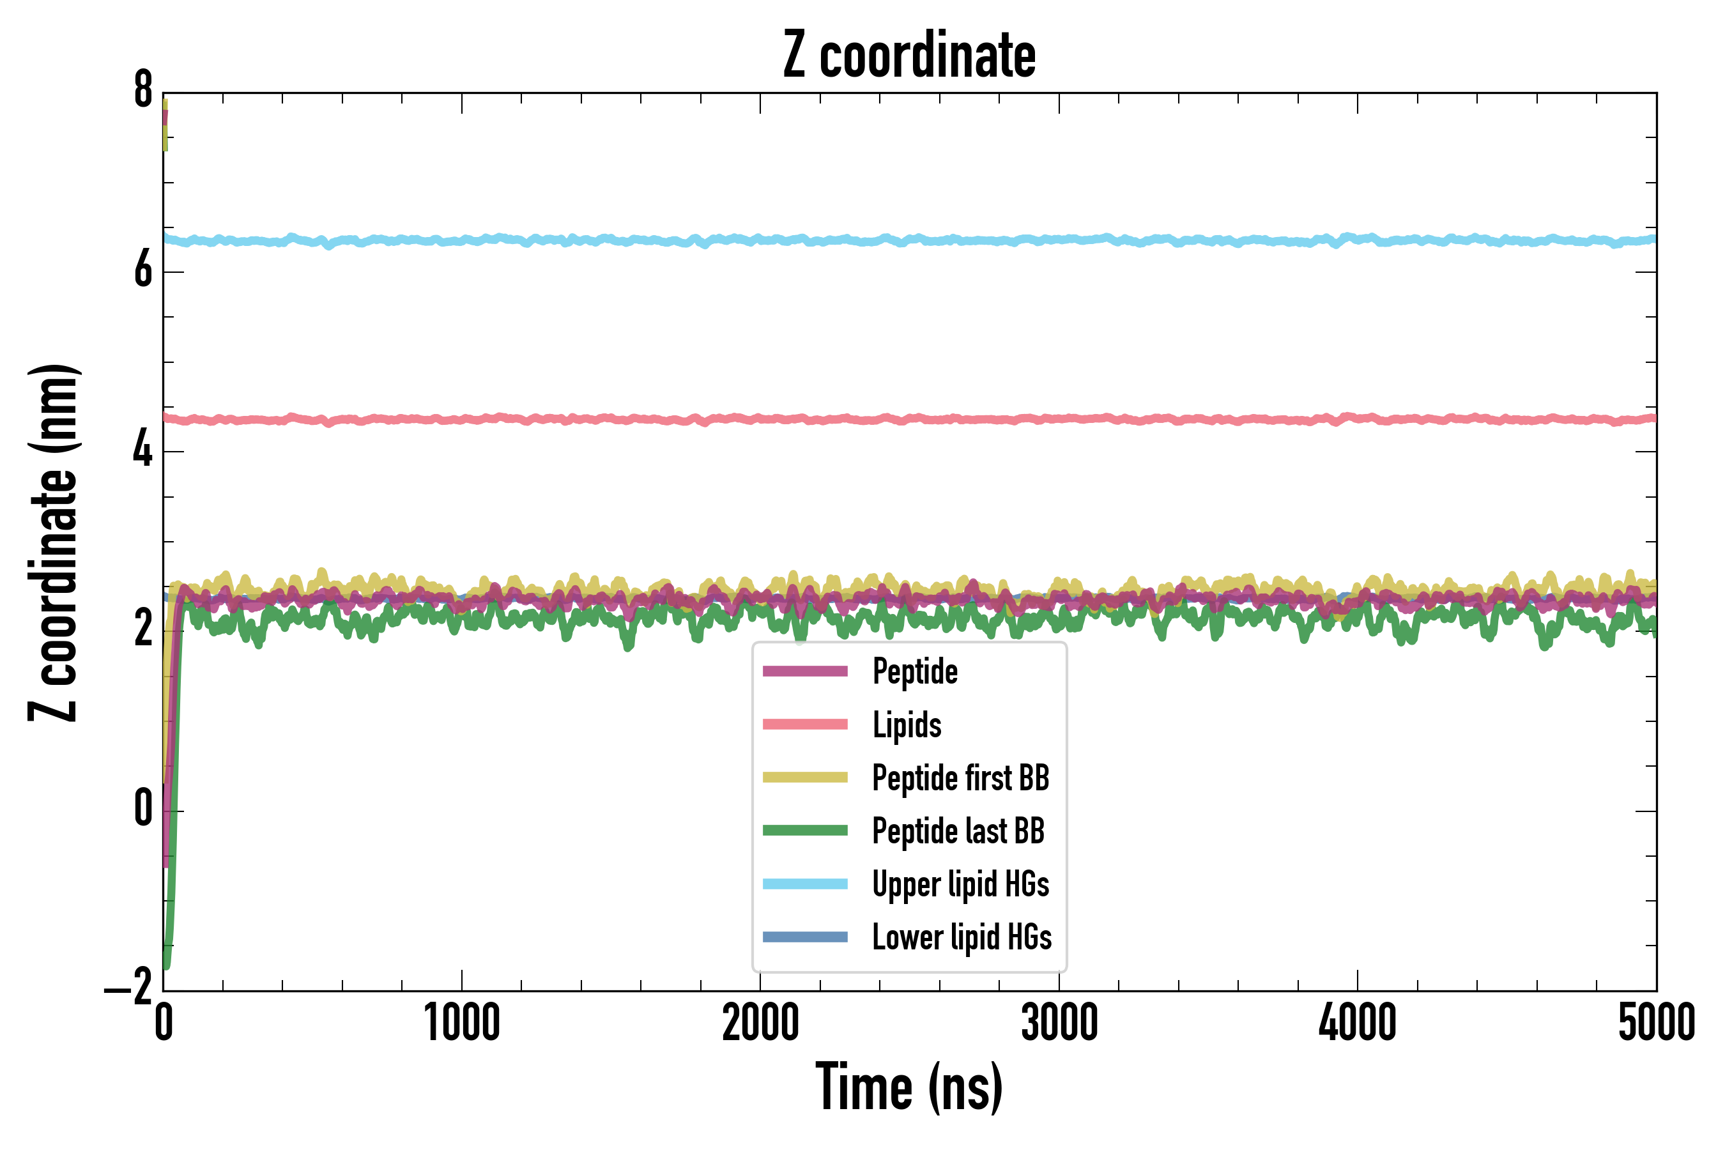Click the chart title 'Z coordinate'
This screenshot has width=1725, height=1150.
[x=909, y=56]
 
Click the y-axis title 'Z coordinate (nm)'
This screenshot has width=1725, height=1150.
[x=53, y=542]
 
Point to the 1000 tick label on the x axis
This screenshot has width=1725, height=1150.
[x=462, y=1024]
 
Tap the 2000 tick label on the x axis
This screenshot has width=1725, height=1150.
[x=760, y=1024]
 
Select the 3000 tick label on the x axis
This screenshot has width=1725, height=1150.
[x=1059, y=1024]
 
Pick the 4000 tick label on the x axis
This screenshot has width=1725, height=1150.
[x=1358, y=1024]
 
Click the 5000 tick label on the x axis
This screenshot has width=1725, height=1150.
[x=1657, y=1024]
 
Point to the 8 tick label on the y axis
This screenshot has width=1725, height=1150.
[x=143, y=91]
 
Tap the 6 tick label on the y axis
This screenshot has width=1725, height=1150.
[x=143, y=272]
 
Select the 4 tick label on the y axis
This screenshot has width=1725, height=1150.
[x=143, y=450]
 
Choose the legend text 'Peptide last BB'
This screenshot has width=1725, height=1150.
[x=958, y=832]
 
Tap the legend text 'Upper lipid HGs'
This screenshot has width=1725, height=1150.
[x=961, y=884]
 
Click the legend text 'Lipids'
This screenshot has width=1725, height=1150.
[x=907, y=725]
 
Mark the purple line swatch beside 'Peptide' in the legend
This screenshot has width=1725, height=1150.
[x=804, y=671]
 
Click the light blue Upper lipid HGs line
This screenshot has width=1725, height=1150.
[x=953, y=240]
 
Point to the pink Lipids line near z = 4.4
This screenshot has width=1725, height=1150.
[x=953, y=418]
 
